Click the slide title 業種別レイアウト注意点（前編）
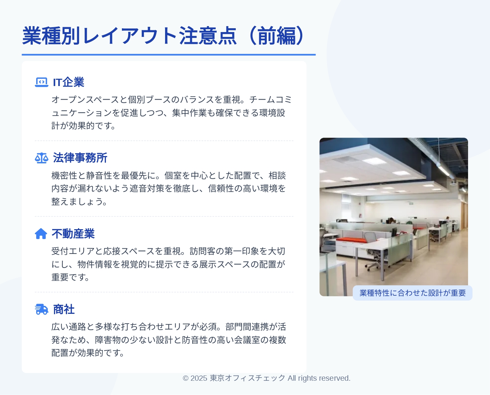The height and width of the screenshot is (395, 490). [x=163, y=36]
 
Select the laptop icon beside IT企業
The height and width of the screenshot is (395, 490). [x=41, y=82]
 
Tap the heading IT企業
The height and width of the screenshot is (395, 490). [x=69, y=82]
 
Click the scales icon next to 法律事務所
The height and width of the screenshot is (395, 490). [x=41, y=158]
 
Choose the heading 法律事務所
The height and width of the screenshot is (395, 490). [x=80, y=158]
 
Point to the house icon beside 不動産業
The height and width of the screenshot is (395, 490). [x=41, y=234]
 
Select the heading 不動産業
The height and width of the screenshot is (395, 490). [x=73, y=234]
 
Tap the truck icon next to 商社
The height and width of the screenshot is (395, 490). [x=41, y=309]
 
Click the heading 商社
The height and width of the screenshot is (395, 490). [x=64, y=309]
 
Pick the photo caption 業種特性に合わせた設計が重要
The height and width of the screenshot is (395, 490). [x=413, y=293]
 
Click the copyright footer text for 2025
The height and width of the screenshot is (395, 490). [x=267, y=378]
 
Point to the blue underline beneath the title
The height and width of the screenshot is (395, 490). [x=169, y=55]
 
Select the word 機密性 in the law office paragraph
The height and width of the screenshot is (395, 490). [x=64, y=176]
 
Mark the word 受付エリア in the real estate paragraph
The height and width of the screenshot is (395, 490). [x=73, y=251]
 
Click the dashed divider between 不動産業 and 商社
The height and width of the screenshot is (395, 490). [x=164, y=292]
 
